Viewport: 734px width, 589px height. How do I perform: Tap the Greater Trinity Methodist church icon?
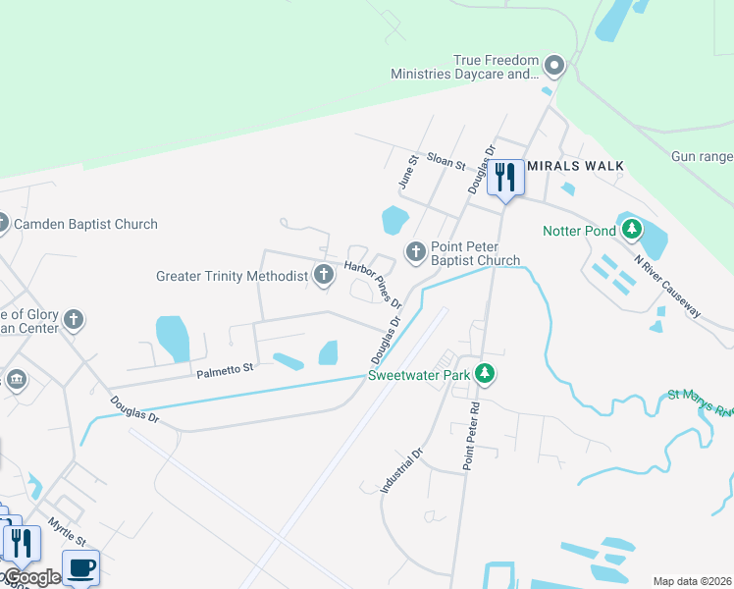(x=325, y=276)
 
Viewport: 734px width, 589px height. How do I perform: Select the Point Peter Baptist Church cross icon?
(x=416, y=252)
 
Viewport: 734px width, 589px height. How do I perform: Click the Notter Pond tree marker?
(x=633, y=231)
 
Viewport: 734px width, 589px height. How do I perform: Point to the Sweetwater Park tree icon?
(x=483, y=373)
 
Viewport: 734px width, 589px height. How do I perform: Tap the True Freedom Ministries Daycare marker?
(x=554, y=67)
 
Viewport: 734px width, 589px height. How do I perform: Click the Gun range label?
(x=702, y=156)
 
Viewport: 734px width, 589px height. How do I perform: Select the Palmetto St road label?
(x=225, y=368)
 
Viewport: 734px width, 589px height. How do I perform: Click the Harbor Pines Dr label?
(x=374, y=284)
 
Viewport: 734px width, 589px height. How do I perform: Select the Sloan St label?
(x=446, y=163)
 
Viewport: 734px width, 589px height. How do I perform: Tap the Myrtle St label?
(x=68, y=533)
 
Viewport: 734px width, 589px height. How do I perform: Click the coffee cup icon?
(x=81, y=566)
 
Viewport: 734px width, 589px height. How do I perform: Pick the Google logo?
(x=30, y=577)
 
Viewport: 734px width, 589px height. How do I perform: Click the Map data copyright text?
(x=691, y=581)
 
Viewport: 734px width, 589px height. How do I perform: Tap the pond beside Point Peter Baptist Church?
(x=394, y=218)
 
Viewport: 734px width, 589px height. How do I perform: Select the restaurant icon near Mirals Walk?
(x=505, y=178)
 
